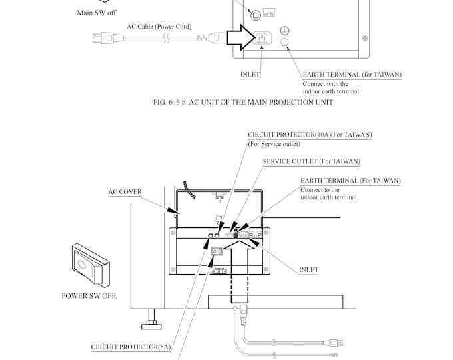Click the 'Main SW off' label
(97, 12)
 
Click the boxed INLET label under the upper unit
(250, 75)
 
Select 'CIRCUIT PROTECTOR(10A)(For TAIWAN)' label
(310, 134)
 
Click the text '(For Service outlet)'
(274, 143)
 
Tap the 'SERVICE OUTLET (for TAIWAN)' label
(311, 161)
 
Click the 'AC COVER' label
(125, 191)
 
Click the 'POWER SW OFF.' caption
(89, 294)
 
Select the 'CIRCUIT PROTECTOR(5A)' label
(131, 347)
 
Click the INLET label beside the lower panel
(308, 270)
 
